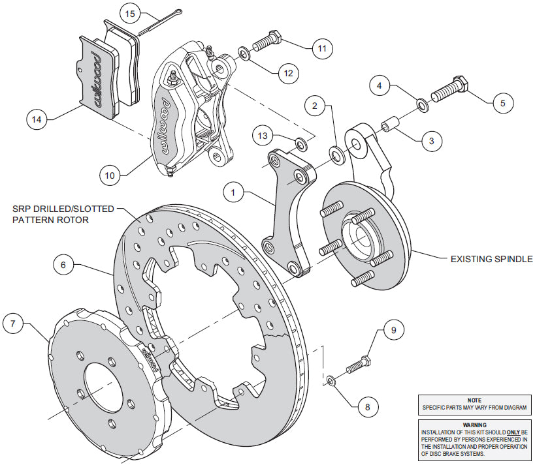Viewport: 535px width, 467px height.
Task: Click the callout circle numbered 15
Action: pyautogui.click(x=130, y=13)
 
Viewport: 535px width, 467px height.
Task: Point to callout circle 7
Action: pyautogui.click(x=14, y=324)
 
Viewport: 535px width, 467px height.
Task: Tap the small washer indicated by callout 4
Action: pyautogui.click(x=423, y=102)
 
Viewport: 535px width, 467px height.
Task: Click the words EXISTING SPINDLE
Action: pyautogui.click(x=491, y=259)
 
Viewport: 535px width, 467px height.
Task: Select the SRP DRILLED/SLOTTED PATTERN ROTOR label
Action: pyautogui.click(x=62, y=214)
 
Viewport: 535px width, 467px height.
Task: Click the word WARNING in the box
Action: pyautogui.click(x=474, y=425)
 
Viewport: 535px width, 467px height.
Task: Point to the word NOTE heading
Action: pyautogui.click(x=474, y=400)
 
